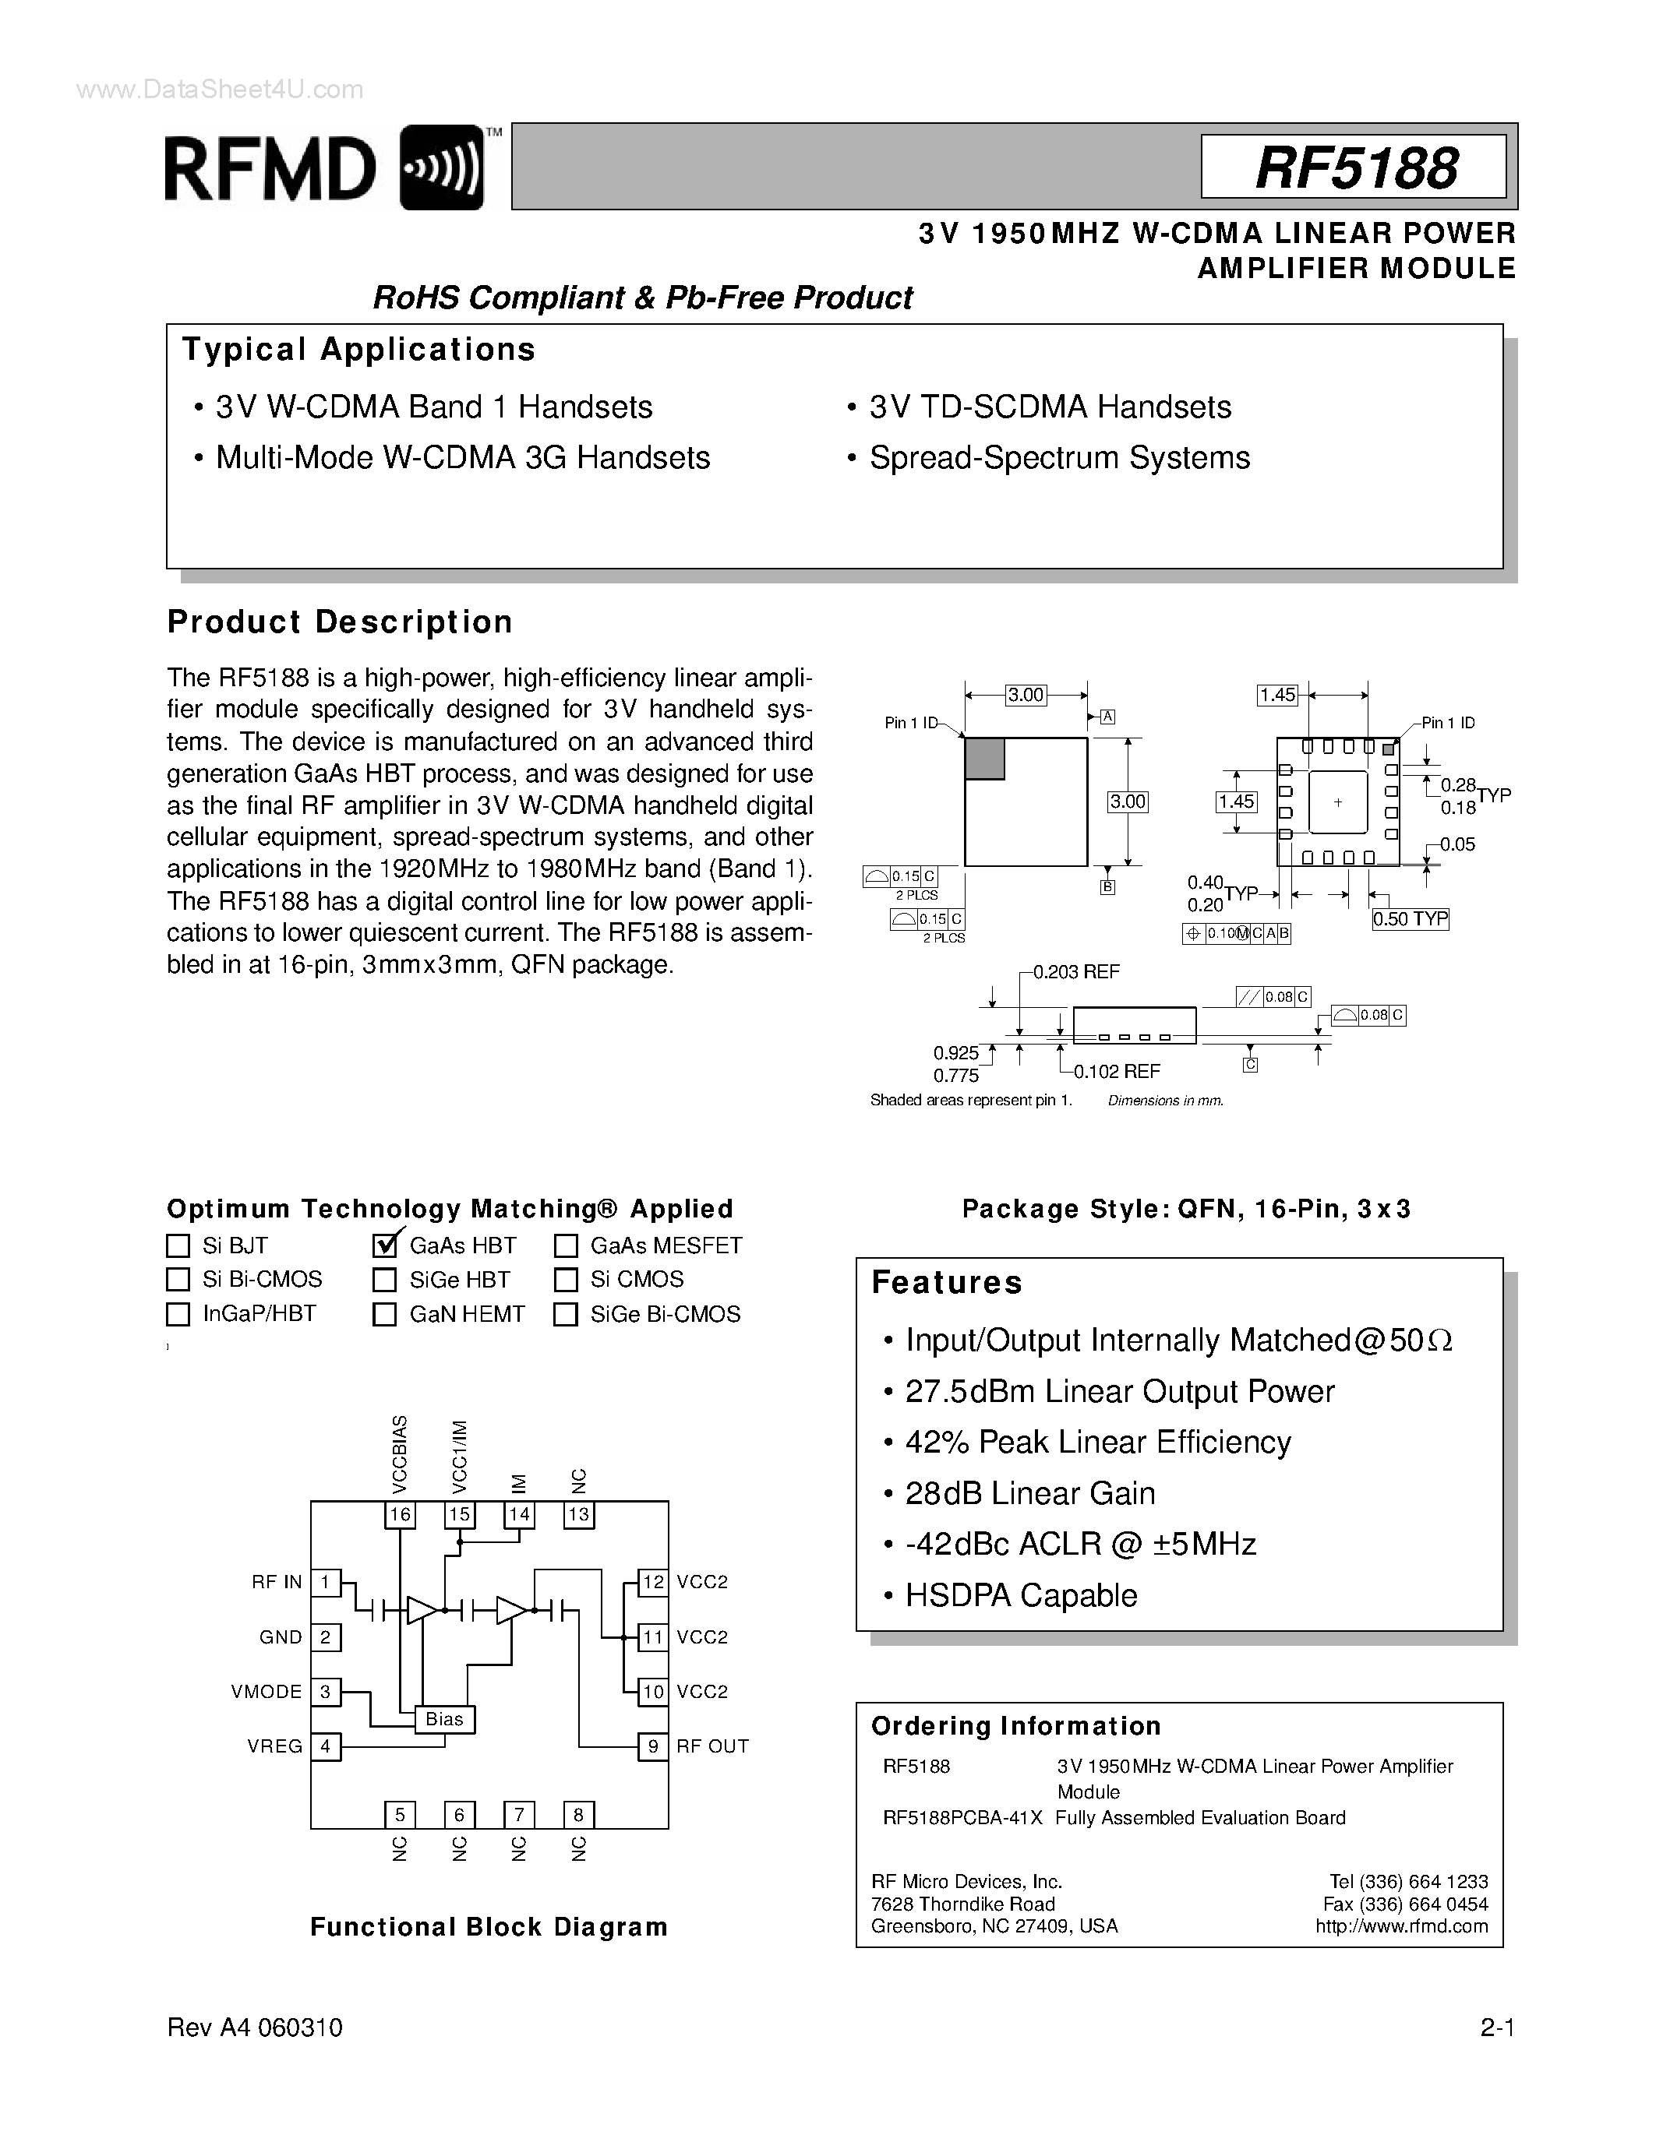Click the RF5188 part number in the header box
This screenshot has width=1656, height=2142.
pyautogui.click(x=1356, y=167)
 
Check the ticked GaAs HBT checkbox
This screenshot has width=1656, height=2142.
pyautogui.click(x=384, y=1245)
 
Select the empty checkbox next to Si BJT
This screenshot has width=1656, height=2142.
pyautogui.click(x=178, y=1245)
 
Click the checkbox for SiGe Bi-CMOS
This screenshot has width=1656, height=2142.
pyautogui.click(x=565, y=1314)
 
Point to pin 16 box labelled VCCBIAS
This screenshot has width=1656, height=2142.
pyautogui.click(x=399, y=1514)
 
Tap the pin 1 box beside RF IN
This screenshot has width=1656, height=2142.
pyautogui.click(x=326, y=1582)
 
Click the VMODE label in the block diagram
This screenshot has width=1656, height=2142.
pyautogui.click(x=267, y=1692)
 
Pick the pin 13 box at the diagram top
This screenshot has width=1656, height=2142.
pyautogui.click(x=579, y=1514)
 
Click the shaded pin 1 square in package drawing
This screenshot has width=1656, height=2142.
pyautogui.click(x=985, y=759)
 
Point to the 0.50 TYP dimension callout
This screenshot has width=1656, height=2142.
pyautogui.click(x=1410, y=919)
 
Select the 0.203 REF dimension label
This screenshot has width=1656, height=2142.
pyautogui.click(x=1076, y=972)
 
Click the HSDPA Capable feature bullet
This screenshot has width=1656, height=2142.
pyautogui.click(x=1020, y=1596)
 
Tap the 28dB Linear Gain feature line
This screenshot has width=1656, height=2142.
pyautogui.click(x=1029, y=1494)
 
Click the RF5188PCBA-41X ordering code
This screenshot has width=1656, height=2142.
pyautogui.click(x=962, y=1817)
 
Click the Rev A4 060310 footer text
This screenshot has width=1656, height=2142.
pyautogui.click(x=255, y=2028)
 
